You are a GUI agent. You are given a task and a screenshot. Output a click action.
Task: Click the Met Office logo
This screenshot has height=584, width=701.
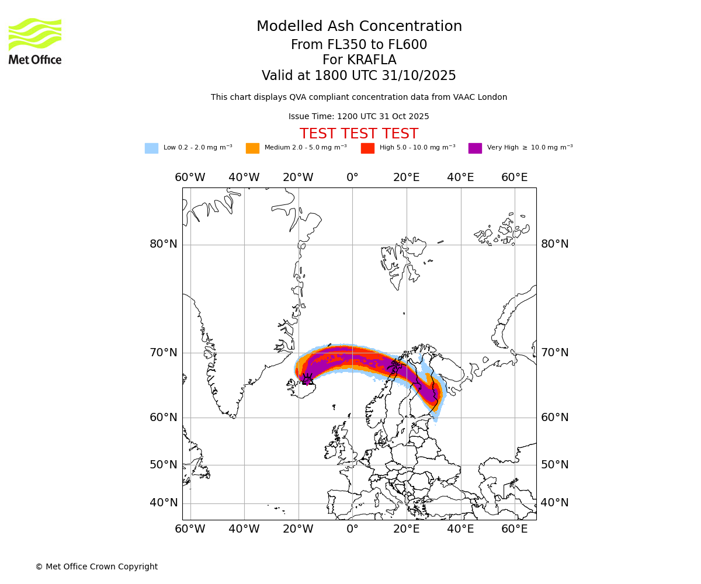click(x=35, y=41)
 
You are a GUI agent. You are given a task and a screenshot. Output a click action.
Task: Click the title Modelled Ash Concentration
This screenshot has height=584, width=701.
click(x=359, y=27)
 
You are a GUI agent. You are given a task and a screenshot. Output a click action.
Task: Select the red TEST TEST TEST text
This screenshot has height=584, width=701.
click(x=359, y=134)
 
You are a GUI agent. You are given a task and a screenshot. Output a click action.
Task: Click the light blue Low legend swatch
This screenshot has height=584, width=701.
click(x=151, y=148)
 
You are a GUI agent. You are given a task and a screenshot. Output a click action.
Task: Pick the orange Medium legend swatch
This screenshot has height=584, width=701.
click(x=252, y=148)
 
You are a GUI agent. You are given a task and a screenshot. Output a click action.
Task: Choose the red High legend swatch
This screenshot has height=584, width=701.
click(x=367, y=148)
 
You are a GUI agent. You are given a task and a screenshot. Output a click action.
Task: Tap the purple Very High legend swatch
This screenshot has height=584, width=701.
click(x=475, y=148)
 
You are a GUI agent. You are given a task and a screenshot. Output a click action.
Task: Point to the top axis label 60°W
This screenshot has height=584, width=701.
click(x=190, y=178)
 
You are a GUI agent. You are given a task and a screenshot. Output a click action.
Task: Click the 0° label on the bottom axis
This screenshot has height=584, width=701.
click(x=352, y=529)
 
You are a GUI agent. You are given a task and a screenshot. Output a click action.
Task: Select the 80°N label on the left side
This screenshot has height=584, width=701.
click(x=164, y=244)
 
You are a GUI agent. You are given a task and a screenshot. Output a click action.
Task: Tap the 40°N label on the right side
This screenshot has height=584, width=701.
click(x=554, y=503)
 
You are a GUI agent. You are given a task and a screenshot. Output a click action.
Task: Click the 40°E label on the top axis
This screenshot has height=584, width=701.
click(x=460, y=178)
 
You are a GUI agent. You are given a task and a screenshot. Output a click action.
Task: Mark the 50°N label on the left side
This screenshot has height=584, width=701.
click(x=164, y=465)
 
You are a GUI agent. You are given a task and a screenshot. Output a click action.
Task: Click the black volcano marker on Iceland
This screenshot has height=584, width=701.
click(x=307, y=380)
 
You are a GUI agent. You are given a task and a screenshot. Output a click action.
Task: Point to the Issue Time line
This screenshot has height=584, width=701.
click(x=359, y=117)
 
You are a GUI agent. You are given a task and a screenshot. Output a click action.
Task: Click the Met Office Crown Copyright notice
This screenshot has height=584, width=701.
click(x=96, y=566)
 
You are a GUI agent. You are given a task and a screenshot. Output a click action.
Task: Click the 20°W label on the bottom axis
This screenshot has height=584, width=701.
click(x=298, y=529)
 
